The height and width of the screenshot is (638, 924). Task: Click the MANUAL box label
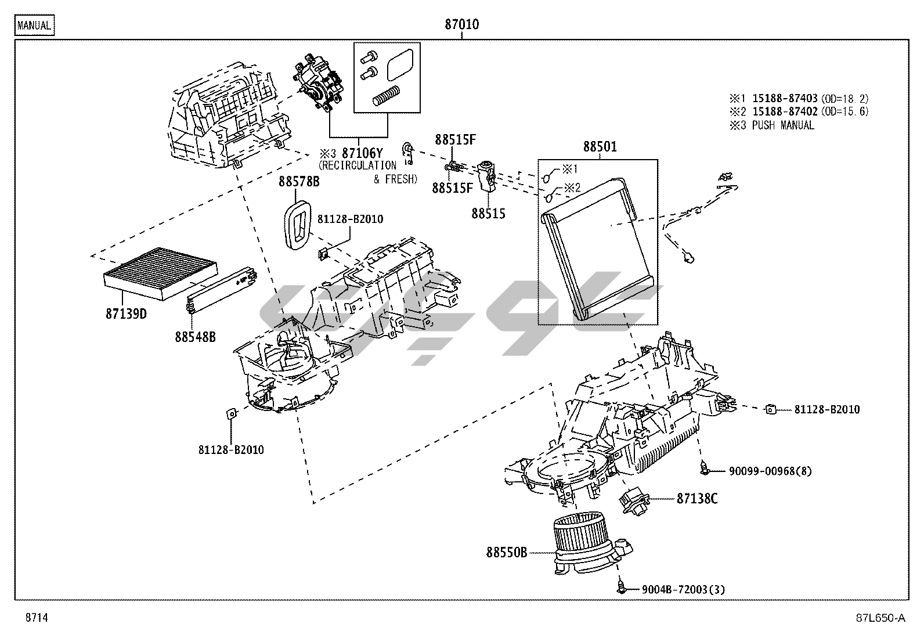coord(35,25)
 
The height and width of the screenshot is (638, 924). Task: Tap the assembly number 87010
coord(461,24)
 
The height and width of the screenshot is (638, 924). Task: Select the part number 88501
coord(600,146)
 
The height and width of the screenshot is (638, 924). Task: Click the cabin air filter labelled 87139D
coord(160,273)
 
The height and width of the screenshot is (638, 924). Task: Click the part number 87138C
coord(697,499)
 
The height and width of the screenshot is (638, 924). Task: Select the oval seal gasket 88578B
coord(297,225)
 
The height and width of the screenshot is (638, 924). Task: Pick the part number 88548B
coord(195,337)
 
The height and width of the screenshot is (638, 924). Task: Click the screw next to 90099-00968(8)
coord(704,468)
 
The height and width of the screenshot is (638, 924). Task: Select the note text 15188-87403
coord(785,99)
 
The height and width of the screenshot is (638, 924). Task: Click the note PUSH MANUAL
coord(783,125)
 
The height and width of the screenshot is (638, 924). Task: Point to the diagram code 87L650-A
coord(880,618)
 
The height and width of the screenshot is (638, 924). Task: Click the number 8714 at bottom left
coord(37,618)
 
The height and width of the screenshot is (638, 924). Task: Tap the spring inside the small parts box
coord(387,95)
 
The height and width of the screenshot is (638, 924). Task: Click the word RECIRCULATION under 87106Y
coord(358,166)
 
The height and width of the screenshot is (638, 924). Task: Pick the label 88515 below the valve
coord(488,214)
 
